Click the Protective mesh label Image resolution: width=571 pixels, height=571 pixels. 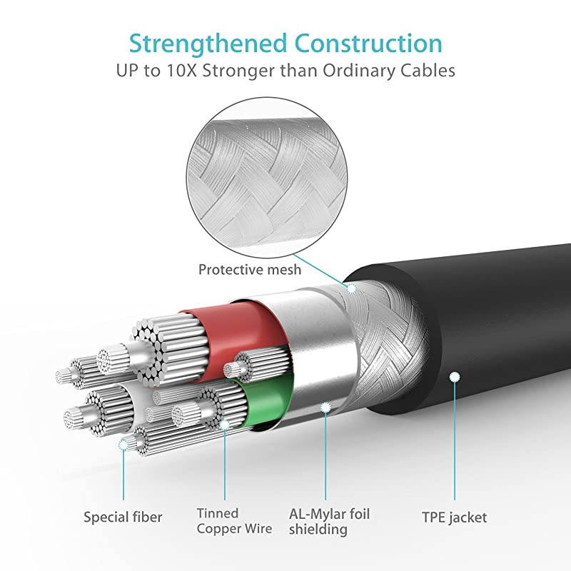(x=249, y=270)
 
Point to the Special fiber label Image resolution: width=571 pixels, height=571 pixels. (x=123, y=517)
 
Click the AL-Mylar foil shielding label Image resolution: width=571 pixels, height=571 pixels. (x=329, y=521)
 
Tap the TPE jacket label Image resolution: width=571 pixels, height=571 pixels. (x=455, y=517)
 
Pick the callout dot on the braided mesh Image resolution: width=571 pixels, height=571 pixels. (x=350, y=289)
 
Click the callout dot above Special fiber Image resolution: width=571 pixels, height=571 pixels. (x=123, y=445)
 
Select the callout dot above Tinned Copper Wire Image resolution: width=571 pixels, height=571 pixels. (x=224, y=424)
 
